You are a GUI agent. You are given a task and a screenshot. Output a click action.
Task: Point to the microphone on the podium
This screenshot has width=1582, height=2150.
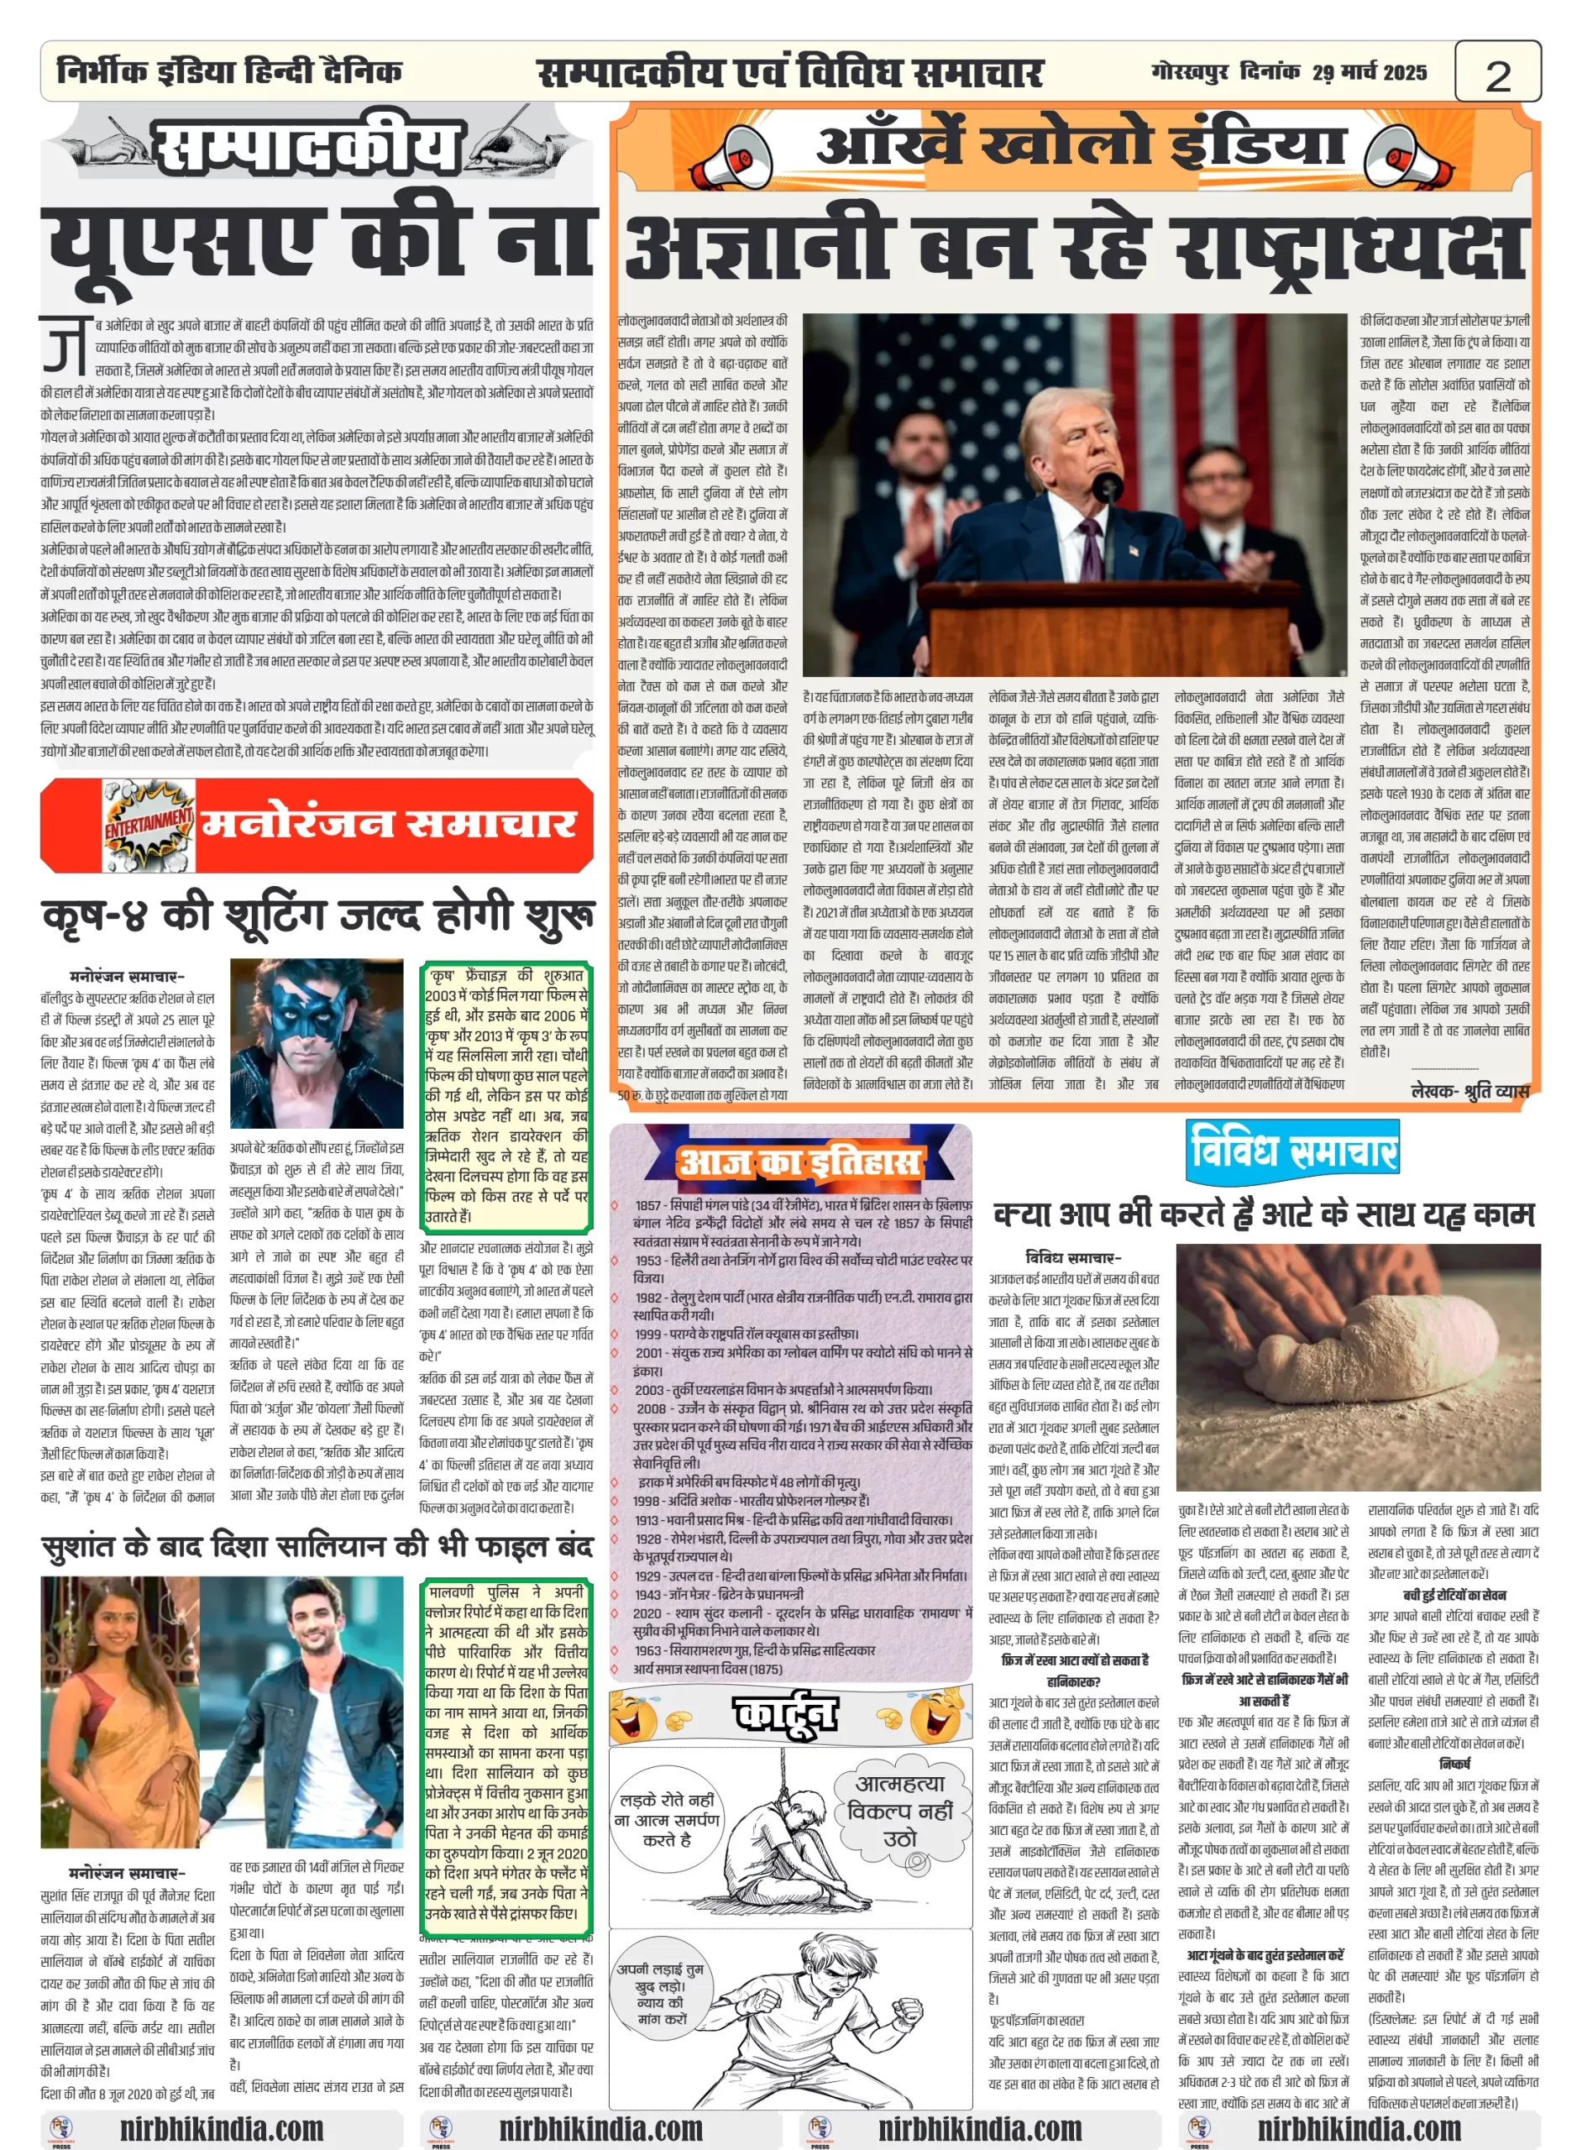(x=1107, y=485)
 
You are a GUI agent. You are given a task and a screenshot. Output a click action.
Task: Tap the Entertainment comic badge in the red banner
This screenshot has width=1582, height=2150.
(x=149, y=825)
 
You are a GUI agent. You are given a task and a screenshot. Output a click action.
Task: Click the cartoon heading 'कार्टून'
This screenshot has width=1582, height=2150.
(x=784, y=1715)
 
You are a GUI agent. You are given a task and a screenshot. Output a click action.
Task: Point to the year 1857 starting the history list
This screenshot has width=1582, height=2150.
(x=648, y=1205)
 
